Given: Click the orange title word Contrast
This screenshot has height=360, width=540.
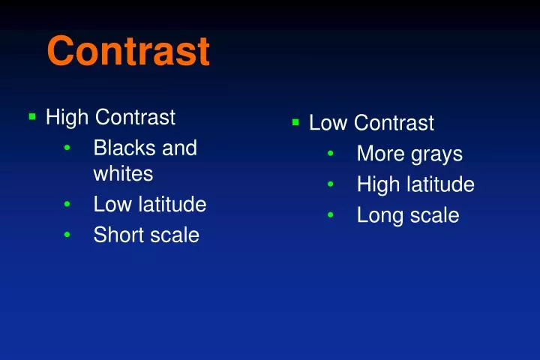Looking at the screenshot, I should click(x=127, y=51).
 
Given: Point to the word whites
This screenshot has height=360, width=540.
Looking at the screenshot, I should click(x=123, y=174).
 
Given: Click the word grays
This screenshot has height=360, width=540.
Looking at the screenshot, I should click(x=436, y=154).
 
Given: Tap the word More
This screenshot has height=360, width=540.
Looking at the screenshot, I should click(x=380, y=154).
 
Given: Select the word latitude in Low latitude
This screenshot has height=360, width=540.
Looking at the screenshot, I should click(x=172, y=204).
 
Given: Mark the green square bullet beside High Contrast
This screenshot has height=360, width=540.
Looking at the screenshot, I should click(x=32, y=117).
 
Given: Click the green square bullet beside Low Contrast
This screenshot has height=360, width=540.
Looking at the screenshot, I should click(x=295, y=121).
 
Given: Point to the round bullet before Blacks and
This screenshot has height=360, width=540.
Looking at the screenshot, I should click(x=67, y=148).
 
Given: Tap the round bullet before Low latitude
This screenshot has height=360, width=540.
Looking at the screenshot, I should click(x=67, y=205).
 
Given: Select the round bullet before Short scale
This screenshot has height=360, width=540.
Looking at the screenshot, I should click(x=67, y=235).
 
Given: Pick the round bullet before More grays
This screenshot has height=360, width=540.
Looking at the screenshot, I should click(x=331, y=154).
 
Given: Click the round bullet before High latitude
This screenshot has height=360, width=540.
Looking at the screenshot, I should click(x=331, y=185).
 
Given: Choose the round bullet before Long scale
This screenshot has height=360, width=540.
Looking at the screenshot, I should click(x=331, y=216).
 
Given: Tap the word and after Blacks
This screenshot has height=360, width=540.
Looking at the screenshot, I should click(x=180, y=148).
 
